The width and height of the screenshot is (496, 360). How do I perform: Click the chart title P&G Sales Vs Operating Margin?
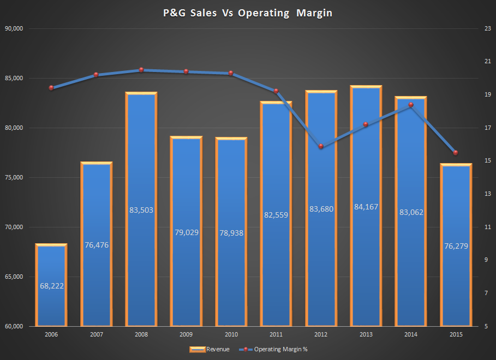tap(248, 13)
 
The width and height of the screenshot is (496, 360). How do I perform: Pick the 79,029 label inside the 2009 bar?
tap(186, 232)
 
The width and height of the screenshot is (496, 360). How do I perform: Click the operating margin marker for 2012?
tap(321, 146)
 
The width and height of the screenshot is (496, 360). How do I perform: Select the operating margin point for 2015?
tap(456, 153)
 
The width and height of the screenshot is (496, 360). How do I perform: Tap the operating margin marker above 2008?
tap(141, 70)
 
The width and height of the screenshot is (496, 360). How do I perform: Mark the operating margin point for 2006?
tap(51, 88)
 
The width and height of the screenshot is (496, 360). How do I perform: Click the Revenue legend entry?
tap(210, 349)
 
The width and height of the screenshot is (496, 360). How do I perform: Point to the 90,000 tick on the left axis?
tap(17, 28)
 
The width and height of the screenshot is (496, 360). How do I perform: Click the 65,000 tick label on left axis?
tap(17, 277)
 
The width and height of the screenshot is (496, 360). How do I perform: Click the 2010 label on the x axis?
tap(231, 334)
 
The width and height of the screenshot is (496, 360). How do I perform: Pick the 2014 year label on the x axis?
tap(411, 334)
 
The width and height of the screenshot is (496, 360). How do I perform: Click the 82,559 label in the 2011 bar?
tap(276, 215)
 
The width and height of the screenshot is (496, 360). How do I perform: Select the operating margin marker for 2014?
tap(411, 105)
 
